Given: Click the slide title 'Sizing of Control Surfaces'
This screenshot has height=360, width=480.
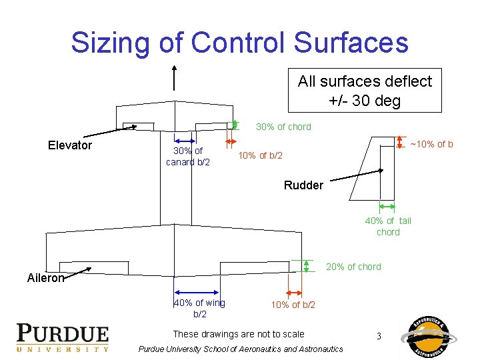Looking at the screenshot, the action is click(x=239, y=42).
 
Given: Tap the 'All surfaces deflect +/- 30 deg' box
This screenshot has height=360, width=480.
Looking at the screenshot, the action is click(x=365, y=91).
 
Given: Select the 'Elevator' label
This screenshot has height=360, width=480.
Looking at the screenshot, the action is click(x=70, y=145).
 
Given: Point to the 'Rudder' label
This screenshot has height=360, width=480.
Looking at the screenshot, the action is click(x=303, y=185).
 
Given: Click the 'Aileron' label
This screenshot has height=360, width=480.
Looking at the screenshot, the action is click(x=45, y=278).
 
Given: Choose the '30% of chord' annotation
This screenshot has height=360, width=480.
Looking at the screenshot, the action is click(x=283, y=127).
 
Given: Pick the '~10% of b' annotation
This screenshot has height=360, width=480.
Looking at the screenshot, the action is click(x=431, y=144).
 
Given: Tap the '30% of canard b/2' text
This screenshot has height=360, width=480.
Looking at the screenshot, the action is click(x=188, y=156).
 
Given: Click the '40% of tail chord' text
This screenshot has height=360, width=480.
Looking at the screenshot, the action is click(x=388, y=226).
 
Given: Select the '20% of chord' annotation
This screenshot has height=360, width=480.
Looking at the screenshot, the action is click(x=353, y=267).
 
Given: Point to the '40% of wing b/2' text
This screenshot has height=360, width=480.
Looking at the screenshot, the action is click(x=199, y=308).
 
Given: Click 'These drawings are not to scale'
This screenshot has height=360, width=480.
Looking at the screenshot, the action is click(x=238, y=334).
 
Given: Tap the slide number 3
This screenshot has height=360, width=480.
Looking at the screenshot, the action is click(x=379, y=336).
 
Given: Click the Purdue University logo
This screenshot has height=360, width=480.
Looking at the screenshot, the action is click(x=63, y=337).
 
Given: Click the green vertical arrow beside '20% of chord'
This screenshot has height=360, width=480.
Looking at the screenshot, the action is click(x=306, y=266).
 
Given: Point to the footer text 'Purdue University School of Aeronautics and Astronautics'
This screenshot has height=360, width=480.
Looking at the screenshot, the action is click(x=241, y=349).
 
